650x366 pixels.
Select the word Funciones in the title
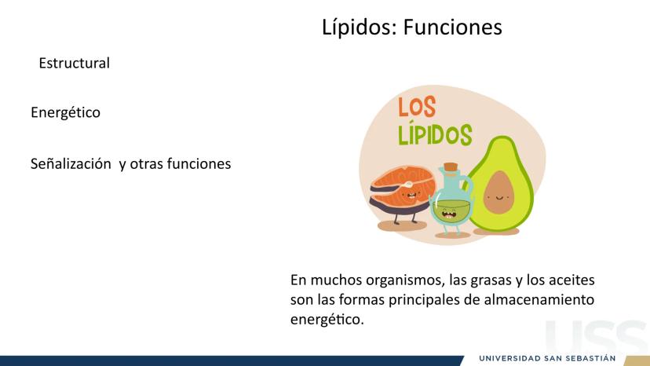(x=453, y=27)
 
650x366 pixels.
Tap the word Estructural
(x=75, y=63)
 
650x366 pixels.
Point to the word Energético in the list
(x=65, y=112)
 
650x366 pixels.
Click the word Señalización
(x=71, y=164)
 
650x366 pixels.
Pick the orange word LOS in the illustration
(x=417, y=107)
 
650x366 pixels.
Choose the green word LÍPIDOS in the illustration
(x=435, y=134)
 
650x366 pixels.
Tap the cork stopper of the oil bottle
(x=451, y=168)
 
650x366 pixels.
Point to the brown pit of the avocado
(x=498, y=192)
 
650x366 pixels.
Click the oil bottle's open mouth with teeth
(x=448, y=214)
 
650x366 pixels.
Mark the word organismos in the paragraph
(x=405, y=280)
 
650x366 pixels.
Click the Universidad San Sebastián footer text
(x=547, y=358)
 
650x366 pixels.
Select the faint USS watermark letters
(x=597, y=338)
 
